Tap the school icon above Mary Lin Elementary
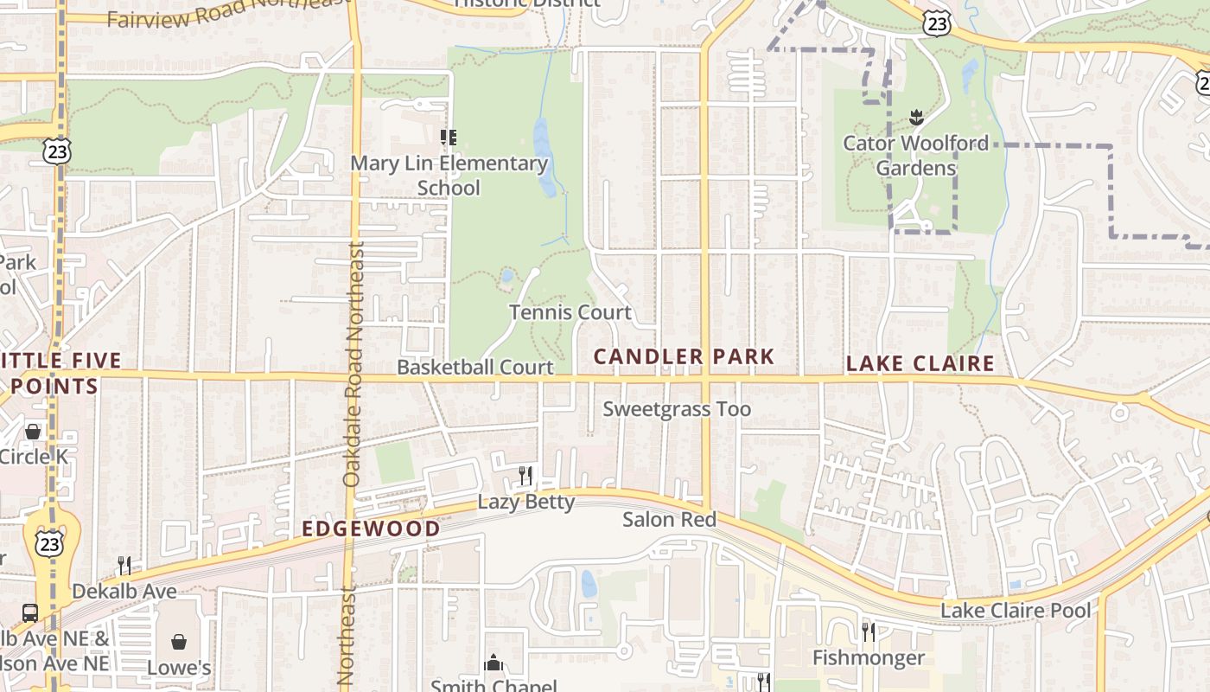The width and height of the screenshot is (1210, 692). coord(448,137)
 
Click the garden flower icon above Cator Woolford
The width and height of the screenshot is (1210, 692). coord(915,117)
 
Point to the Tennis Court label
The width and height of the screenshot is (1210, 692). coord(570,312)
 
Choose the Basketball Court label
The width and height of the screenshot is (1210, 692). coord(474,367)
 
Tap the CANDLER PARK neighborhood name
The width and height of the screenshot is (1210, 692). coord(684,356)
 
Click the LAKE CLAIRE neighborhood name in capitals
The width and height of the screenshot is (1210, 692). coord(920,363)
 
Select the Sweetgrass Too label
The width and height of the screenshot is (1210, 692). coord(677,409)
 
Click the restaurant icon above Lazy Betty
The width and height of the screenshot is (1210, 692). coord(525,475)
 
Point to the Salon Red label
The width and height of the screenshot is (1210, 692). coord(670,519)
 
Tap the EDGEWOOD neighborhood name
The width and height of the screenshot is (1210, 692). coord(371,528)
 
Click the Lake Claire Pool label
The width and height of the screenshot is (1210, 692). coord(1015,611)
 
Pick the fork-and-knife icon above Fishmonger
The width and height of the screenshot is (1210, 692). coord(868,632)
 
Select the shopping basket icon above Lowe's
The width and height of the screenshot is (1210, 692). coord(179,642)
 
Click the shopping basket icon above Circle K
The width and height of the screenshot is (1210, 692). coord(33,431)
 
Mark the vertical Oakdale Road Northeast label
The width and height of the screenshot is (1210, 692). coord(352,363)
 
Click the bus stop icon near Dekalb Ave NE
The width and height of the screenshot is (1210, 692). coord(30,612)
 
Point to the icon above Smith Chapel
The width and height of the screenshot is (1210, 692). coord(494,663)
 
